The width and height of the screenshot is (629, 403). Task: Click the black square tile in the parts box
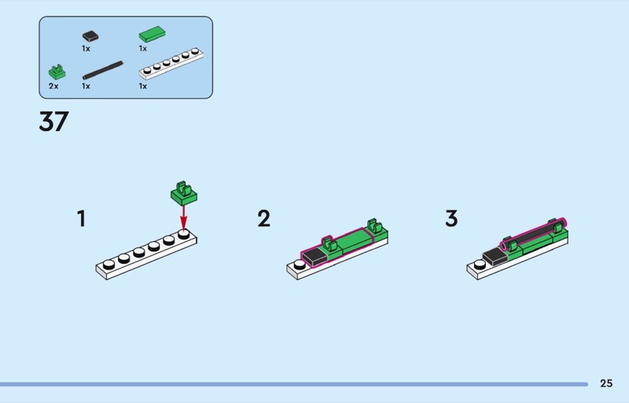[x=90, y=35]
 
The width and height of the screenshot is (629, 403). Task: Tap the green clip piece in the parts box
[x=55, y=72]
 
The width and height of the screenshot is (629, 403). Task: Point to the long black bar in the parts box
[x=102, y=68]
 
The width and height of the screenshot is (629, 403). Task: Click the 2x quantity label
[x=53, y=86]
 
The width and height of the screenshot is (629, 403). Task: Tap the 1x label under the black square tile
[x=86, y=49]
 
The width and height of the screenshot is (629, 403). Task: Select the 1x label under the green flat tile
[x=143, y=49]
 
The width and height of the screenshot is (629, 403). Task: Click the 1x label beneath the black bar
[x=86, y=86]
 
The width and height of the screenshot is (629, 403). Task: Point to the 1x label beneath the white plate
[x=143, y=86]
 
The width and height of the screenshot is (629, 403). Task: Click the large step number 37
[x=53, y=122]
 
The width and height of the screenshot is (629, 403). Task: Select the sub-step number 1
[x=81, y=218]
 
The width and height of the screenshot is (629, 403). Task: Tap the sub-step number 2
[x=264, y=218]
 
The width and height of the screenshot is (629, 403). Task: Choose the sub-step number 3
[x=451, y=218]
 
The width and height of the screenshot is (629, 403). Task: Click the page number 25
[x=605, y=383]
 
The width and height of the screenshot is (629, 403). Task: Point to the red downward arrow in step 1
[x=184, y=216]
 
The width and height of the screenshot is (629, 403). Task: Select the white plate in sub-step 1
[x=146, y=255]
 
